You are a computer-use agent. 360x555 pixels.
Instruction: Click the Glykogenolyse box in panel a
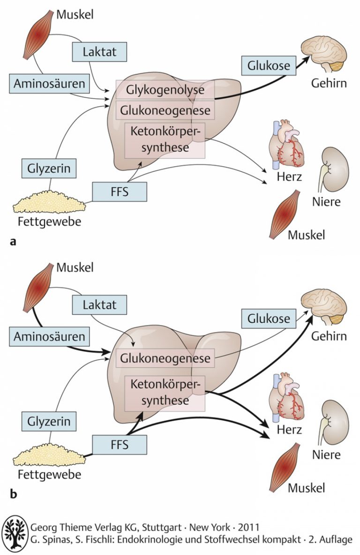pos(165,89)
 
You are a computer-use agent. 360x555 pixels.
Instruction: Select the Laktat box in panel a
pos(99,51)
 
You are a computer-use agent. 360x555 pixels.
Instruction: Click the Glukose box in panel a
pos(269,65)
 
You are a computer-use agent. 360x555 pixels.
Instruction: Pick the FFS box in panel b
pos(119,444)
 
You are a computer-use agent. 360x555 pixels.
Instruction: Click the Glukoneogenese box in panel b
pos(165,358)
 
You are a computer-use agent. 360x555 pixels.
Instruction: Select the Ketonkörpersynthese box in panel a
pos(165,140)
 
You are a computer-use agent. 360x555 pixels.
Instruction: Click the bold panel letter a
pos(13,241)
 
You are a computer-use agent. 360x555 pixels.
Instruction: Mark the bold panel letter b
pos(13,493)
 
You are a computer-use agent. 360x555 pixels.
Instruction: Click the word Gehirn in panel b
pos(328,336)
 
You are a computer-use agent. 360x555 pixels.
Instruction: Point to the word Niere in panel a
pos(326,202)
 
